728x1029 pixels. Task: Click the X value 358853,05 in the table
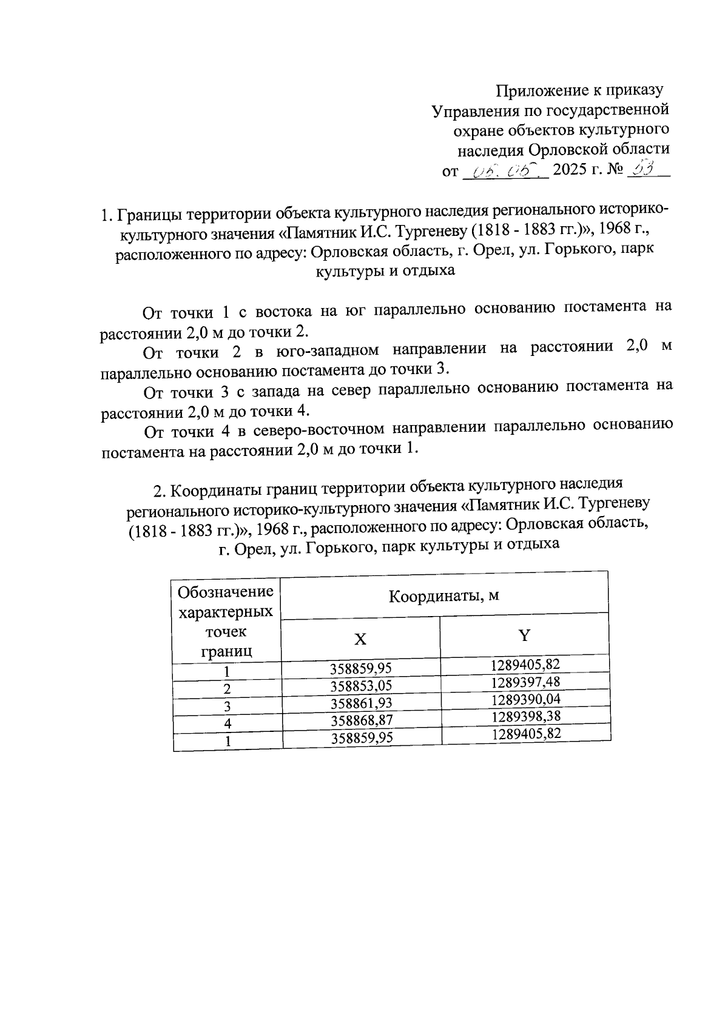(361, 686)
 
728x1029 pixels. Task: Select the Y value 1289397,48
(525, 682)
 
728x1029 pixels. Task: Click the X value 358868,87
(362, 720)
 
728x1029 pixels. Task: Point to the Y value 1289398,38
(525, 716)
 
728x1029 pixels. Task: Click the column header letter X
(360, 639)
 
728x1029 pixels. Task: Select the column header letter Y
(524, 635)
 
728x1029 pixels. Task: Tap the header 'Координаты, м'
(443, 595)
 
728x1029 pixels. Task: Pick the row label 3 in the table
(227, 706)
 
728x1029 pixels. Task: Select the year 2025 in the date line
(570, 170)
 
